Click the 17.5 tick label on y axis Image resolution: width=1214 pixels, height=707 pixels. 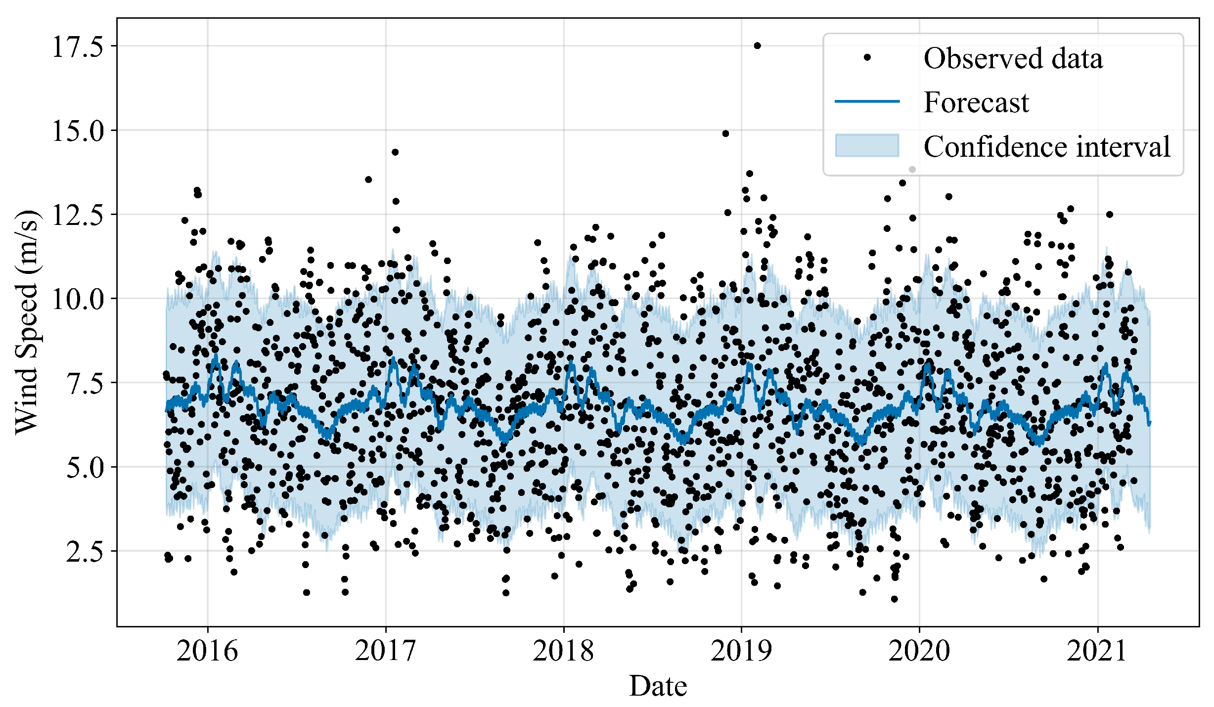78,46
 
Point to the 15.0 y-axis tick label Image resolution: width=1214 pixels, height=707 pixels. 78,131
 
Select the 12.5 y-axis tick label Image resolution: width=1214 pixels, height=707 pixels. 78,215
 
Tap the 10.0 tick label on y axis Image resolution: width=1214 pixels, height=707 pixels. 78,299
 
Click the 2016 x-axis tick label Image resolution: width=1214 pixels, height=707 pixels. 207,651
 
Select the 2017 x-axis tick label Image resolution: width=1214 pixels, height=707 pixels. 385,651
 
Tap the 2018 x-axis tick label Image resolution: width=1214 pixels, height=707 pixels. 563,651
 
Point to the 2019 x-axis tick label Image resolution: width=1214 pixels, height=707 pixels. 741,651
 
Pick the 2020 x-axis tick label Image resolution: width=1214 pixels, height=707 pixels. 919,651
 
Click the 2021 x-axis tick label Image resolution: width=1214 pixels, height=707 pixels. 1097,651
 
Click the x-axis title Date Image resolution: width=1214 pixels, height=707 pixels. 658,686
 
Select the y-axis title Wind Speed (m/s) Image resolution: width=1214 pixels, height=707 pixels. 27,322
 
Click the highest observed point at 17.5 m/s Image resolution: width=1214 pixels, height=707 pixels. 757,46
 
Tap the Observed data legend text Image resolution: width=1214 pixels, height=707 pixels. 1013,58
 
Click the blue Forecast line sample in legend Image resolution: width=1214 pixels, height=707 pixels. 867,102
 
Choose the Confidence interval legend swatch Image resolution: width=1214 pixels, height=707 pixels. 867,146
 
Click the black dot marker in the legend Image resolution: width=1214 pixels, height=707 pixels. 867,58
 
